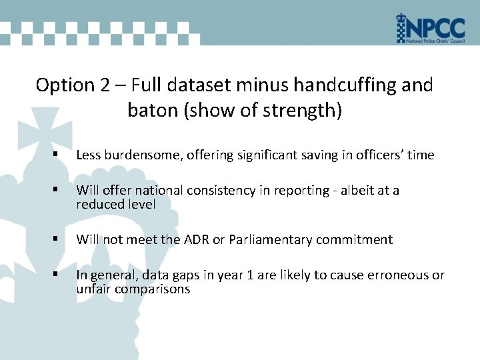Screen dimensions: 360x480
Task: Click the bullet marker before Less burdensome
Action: pos(59,155)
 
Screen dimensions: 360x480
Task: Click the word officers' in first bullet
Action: pos(379,155)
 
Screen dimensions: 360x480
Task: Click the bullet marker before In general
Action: pos(59,275)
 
